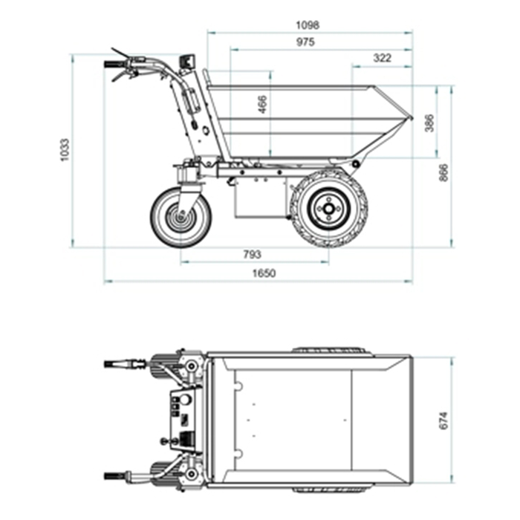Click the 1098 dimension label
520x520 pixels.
pyautogui.click(x=307, y=25)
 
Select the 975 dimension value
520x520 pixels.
pyautogui.click(x=305, y=42)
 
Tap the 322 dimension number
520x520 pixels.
pyautogui.click(x=381, y=58)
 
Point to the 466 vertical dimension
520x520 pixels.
pyautogui.click(x=262, y=105)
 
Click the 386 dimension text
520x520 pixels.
pyautogui.click(x=429, y=123)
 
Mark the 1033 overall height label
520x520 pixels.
pyautogui.click(x=65, y=150)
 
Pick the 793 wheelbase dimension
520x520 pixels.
pyautogui.click(x=252, y=254)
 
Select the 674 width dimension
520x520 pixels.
pyautogui.click(x=443, y=419)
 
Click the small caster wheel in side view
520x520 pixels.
pyautogui.click(x=181, y=216)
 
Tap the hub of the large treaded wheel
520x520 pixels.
pyautogui.click(x=328, y=209)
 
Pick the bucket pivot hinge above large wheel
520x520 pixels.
pyautogui.click(x=357, y=163)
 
